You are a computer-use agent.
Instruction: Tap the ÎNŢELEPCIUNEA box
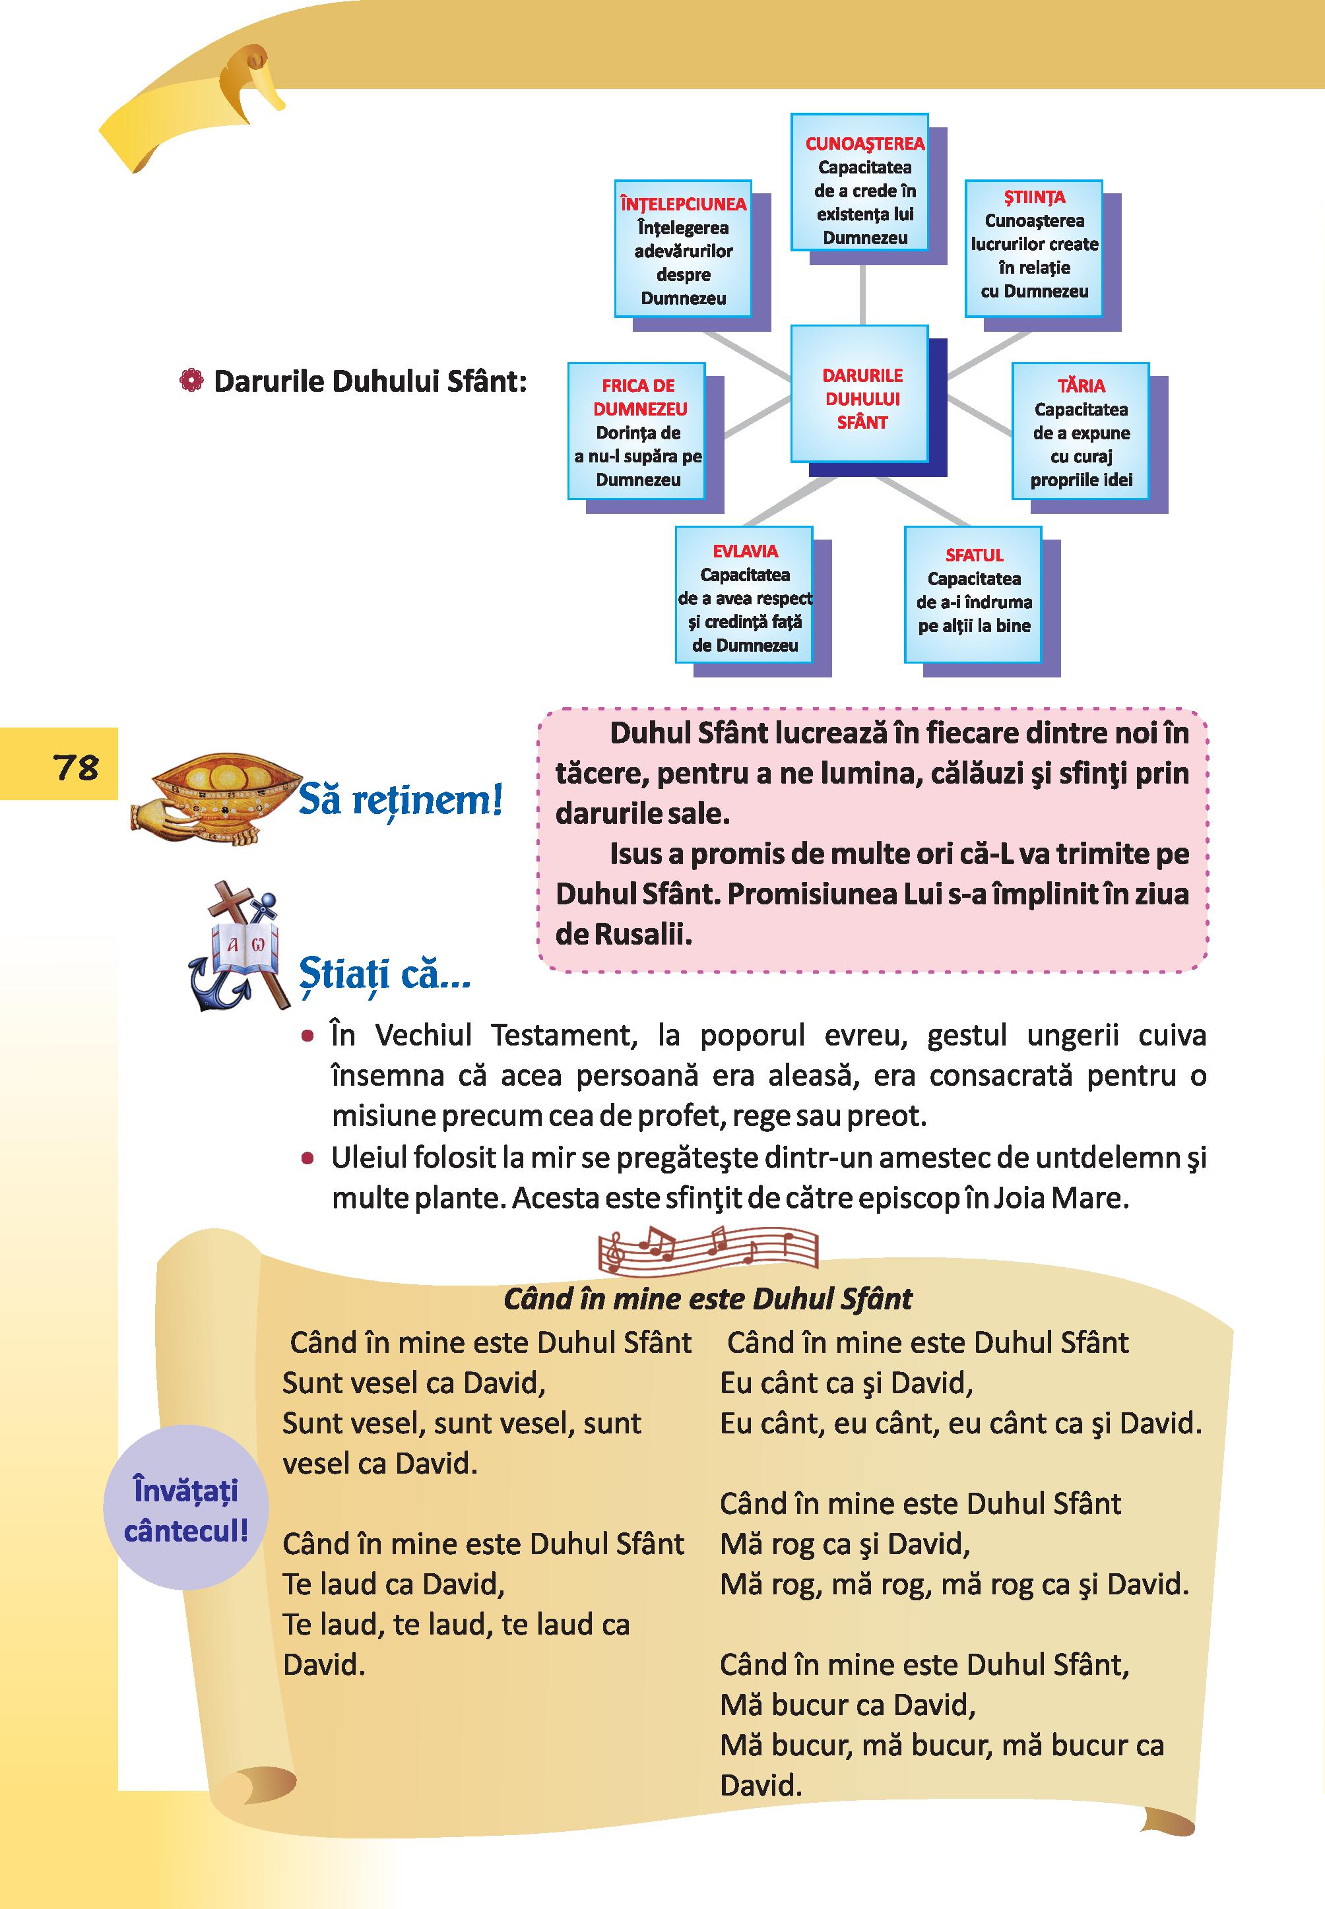coord(683,248)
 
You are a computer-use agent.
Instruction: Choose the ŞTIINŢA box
coord(1033,248)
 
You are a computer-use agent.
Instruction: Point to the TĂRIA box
coord(1081,431)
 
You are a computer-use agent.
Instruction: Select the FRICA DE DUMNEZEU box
coord(637,431)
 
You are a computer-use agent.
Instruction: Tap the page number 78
coord(77,767)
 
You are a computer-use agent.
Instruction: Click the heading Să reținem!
coord(400,801)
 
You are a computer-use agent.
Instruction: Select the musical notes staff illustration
coord(707,1249)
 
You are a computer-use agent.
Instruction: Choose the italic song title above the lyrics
coord(707,1298)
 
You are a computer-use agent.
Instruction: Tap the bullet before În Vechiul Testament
coord(308,1037)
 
